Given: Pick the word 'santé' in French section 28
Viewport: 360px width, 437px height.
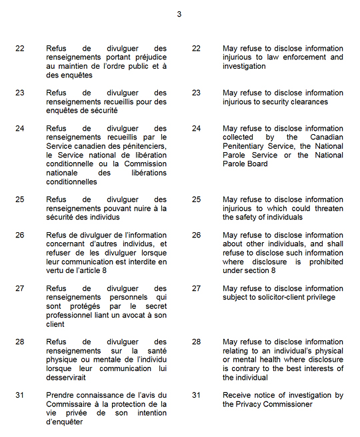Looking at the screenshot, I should (153, 351).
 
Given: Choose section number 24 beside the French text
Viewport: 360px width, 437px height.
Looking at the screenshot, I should (20, 129).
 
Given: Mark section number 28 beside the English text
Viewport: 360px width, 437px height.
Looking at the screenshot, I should (196, 342).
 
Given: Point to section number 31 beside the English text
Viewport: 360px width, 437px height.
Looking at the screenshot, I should (196, 396).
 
